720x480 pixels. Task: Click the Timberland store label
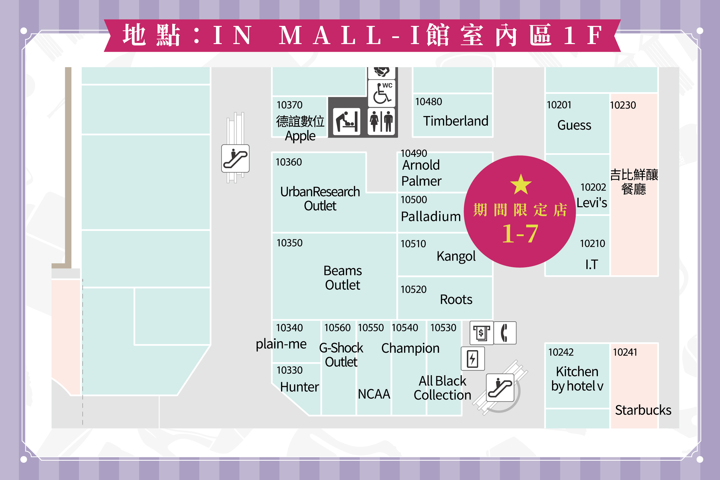[x=456, y=121]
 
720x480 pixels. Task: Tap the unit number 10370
[x=289, y=105]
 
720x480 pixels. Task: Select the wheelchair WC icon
[x=381, y=93]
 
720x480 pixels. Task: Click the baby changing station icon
[x=346, y=122]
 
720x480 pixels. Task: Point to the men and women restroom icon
[x=381, y=122]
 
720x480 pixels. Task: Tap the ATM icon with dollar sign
[x=482, y=333]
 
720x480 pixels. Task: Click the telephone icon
[x=505, y=333]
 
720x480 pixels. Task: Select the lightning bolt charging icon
[x=473, y=358]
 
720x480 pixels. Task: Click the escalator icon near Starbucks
[x=500, y=388]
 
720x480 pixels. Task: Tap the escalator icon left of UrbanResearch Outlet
[x=235, y=159]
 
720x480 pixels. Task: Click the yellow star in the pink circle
[x=521, y=185]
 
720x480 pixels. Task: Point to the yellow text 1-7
[x=520, y=234]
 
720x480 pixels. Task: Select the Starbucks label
[x=643, y=410]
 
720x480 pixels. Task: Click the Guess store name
[x=574, y=125]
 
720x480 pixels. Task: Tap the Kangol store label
[x=456, y=256]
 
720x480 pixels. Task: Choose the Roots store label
[x=456, y=299]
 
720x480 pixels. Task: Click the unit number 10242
[x=561, y=352]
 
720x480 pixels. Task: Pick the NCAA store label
[x=374, y=394]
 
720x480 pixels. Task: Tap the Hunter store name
[x=300, y=387]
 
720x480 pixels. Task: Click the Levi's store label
[x=592, y=203]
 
